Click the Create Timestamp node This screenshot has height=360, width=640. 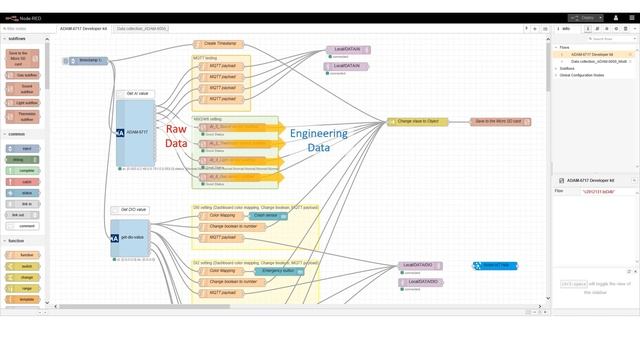222,44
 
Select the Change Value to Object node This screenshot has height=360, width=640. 418,122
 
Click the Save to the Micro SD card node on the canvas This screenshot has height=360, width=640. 501,122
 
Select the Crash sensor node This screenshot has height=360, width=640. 266,215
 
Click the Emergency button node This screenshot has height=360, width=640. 277,271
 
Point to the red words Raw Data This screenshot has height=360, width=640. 176,136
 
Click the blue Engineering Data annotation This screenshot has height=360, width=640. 318,140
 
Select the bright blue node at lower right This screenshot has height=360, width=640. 495,265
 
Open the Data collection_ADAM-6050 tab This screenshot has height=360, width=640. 141,28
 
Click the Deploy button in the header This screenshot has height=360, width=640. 586,17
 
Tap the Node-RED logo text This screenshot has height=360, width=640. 29,18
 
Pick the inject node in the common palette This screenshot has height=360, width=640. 23,148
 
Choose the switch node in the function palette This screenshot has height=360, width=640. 23,266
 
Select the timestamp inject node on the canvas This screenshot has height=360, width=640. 87,61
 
